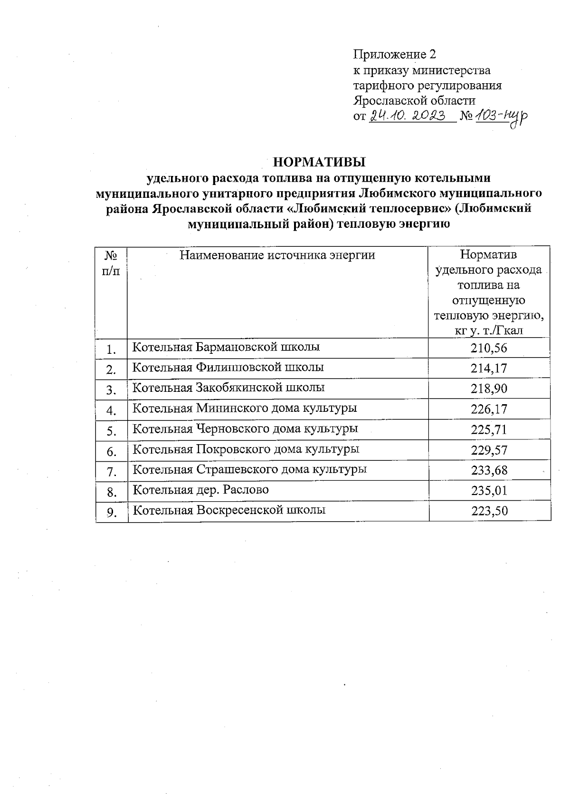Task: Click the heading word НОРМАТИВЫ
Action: [x=320, y=162]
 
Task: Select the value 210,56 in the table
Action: [x=489, y=348]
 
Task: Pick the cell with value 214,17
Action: [x=489, y=369]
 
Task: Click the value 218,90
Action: [x=489, y=389]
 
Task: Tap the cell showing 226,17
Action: [x=489, y=409]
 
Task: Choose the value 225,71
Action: [x=489, y=430]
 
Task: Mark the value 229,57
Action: [x=489, y=450]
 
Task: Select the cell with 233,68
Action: [x=489, y=471]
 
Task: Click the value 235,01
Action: [x=489, y=491]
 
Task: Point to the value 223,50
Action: [x=489, y=511]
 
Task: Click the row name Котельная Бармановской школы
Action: [x=226, y=347]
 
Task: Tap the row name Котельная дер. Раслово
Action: [x=200, y=490]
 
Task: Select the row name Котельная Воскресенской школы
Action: [x=229, y=510]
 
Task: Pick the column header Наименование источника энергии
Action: [x=277, y=255]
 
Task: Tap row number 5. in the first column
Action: [x=112, y=431]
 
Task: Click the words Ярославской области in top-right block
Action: [x=414, y=100]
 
